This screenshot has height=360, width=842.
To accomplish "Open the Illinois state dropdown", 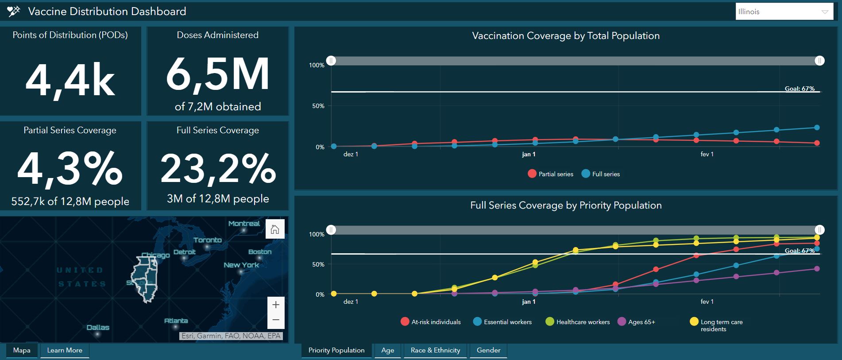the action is (x=784, y=12).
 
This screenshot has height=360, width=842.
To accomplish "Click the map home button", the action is (x=275, y=229).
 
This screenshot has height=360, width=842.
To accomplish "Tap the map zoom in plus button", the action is (x=276, y=305).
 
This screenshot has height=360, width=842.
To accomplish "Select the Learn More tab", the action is (x=65, y=350).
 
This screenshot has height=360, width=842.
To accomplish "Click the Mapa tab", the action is (x=22, y=350).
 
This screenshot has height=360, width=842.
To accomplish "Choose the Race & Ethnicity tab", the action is (x=435, y=350).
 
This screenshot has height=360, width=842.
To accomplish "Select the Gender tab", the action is (x=488, y=350).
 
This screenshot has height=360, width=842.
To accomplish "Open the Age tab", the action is (x=387, y=350).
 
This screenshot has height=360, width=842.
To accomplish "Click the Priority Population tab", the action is (x=336, y=350).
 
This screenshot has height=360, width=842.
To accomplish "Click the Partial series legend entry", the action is (x=551, y=174).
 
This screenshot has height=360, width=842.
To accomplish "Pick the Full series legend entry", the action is (x=601, y=174).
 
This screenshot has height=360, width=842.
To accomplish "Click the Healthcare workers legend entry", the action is (x=578, y=322).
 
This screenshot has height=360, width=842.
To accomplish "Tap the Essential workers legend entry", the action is (x=502, y=322).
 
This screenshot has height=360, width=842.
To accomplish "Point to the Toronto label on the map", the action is (x=207, y=240).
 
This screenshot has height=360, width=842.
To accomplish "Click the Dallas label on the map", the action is (x=98, y=328).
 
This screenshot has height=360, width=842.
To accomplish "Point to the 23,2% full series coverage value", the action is (x=218, y=169).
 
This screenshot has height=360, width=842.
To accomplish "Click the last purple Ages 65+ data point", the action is (x=817, y=269).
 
